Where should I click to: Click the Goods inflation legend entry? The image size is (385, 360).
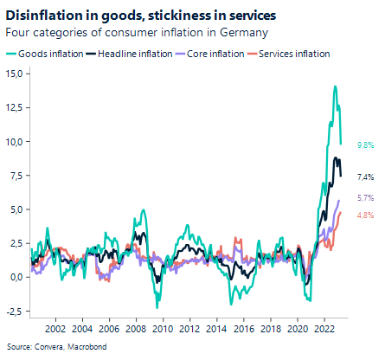click(x=49, y=54)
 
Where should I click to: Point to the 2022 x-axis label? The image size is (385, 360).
click(x=324, y=329)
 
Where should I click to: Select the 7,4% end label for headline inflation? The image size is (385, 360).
click(x=364, y=177)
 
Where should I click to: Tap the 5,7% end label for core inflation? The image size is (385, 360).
click(x=364, y=199)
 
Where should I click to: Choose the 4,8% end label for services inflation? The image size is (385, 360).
click(x=364, y=215)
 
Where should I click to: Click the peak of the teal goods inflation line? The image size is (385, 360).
click(x=335, y=87)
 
